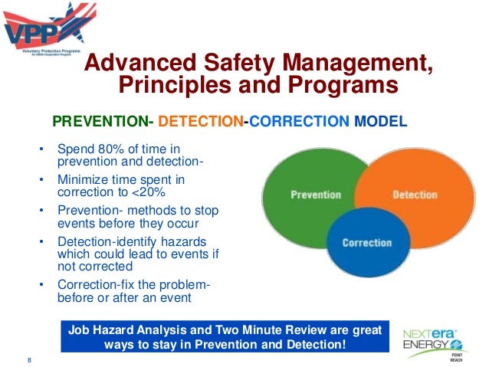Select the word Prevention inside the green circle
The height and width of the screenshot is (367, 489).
[316, 195]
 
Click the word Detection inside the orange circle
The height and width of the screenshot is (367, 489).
[415, 195]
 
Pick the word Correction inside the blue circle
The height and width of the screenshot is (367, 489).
[366, 243]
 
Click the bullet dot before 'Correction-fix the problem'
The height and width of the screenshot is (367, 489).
[41, 287]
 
